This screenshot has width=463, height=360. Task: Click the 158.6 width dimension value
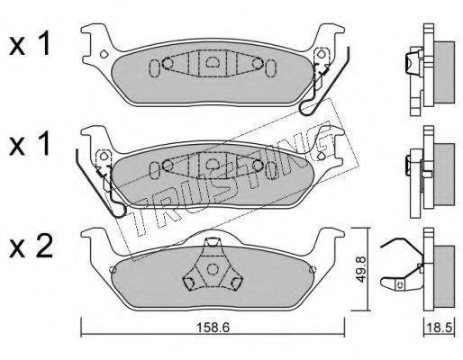pyautogui.click(x=213, y=328)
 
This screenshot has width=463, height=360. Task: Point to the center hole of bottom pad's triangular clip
pyautogui.click(x=213, y=269)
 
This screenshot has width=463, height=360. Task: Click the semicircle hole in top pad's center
pyautogui.click(x=213, y=62)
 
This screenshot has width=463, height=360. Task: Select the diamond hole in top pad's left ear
pyautogui.click(x=104, y=54)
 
